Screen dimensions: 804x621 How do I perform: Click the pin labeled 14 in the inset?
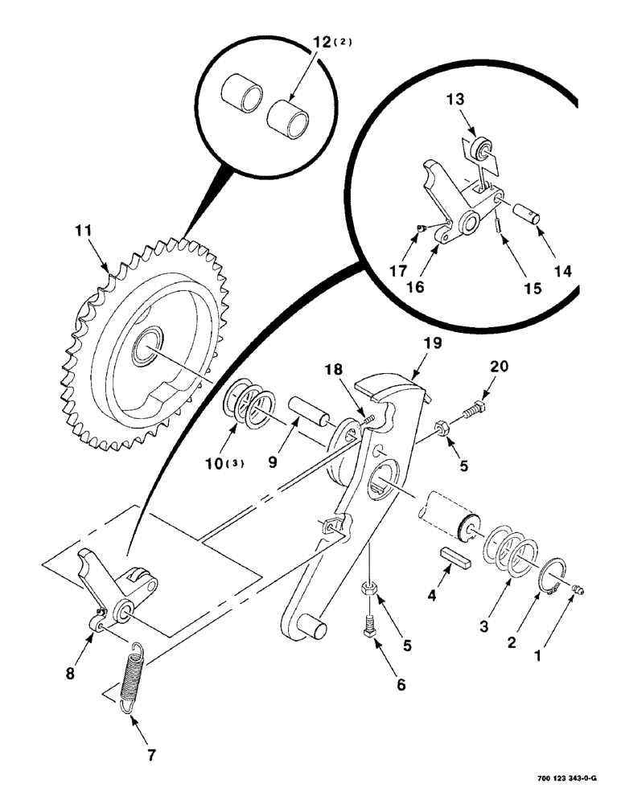coord(530,215)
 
